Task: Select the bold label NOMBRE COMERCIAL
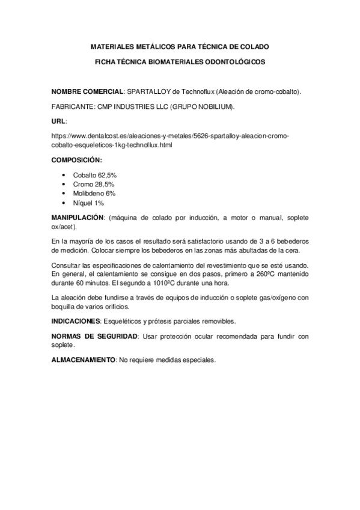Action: click(87, 91)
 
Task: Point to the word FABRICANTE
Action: click(72, 107)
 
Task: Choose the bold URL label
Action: click(58, 121)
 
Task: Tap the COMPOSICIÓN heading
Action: click(76, 160)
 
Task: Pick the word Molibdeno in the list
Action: click(89, 194)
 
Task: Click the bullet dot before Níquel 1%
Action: click(64, 203)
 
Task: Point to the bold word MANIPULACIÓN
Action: click(78, 217)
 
